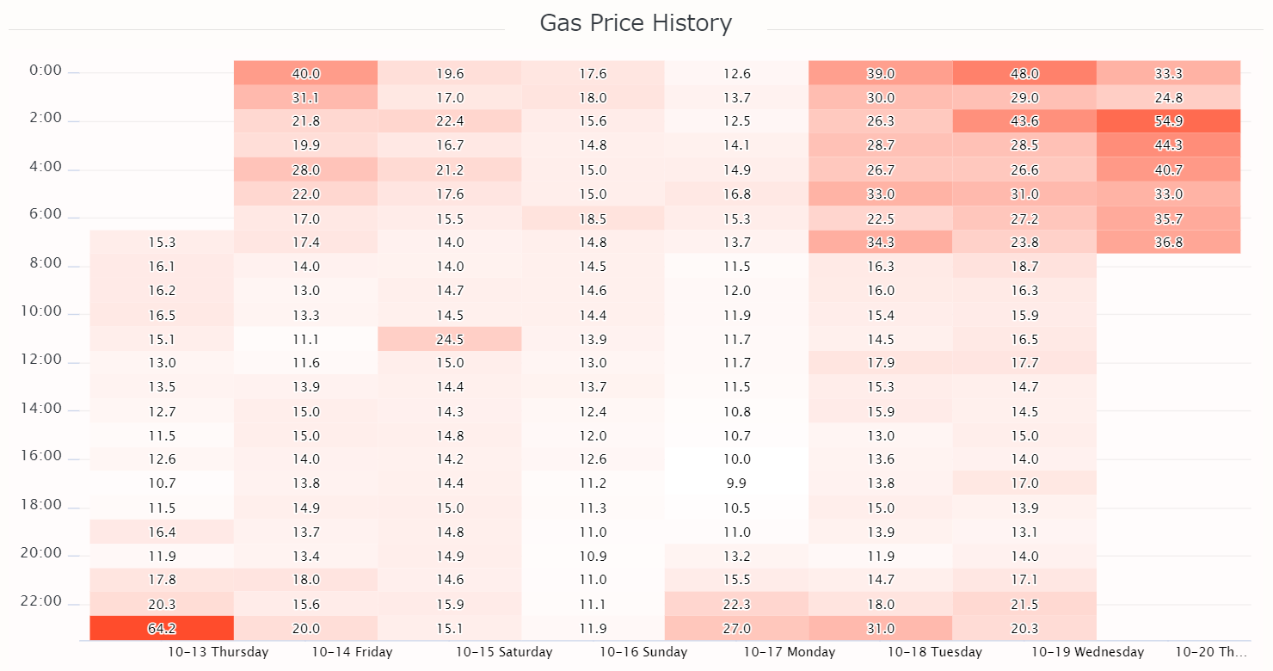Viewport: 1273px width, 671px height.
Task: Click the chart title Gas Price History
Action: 636,23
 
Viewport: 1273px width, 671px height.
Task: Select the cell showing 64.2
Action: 162,628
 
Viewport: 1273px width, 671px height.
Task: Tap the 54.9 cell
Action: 1168,121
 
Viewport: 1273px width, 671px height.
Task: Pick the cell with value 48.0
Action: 1024,73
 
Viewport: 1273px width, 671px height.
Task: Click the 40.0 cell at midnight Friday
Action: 305,73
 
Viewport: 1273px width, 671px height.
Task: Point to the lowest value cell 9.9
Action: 736,483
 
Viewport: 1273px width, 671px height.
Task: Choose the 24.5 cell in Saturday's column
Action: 450,339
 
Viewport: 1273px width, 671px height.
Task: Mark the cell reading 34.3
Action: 880,242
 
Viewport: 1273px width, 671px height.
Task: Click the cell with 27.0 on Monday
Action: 736,628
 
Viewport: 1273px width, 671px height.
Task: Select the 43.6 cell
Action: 1024,121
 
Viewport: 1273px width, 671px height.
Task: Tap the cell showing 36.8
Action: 1168,242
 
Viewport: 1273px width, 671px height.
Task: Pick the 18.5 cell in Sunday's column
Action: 593,219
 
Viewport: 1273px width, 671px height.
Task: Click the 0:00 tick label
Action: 46,71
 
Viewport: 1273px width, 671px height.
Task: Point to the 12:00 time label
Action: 41,359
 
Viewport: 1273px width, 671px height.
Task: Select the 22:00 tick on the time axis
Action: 41,600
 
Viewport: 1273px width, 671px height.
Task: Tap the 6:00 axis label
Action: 46,213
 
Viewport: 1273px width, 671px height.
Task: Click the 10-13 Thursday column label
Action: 218,652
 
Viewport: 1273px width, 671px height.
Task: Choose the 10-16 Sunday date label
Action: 643,652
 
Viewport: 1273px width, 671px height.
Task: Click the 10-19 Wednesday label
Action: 1087,652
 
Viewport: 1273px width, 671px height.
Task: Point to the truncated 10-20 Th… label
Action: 1210,652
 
